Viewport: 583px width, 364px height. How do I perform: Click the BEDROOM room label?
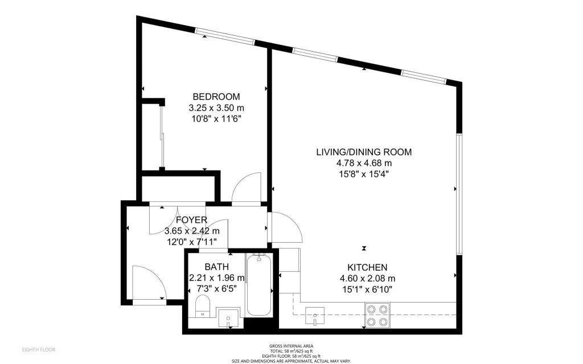pos(216,97)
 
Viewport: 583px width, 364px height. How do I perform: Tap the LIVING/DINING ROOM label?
pos(364,152)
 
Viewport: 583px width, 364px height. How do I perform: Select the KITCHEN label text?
pos(367,267)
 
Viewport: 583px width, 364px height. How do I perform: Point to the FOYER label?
pos(191,220)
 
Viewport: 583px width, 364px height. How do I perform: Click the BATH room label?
pos(217,267)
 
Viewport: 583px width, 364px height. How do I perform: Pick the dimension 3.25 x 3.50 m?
pos(216,108)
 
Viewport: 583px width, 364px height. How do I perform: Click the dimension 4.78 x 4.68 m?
pos(364,163)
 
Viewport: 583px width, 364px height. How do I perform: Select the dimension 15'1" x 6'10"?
pos(367,289)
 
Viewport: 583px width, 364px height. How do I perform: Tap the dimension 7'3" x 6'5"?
pos(216,288)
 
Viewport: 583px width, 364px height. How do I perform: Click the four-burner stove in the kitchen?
pos(377,315)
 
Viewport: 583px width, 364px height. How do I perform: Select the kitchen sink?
pos(315,316)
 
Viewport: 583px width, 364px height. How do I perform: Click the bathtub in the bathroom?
pos(259,285)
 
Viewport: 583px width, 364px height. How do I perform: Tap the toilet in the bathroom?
pos(203,306)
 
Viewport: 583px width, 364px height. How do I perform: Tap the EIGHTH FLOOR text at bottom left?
pos(39,350)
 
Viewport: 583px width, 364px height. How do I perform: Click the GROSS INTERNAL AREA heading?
pos(291,346)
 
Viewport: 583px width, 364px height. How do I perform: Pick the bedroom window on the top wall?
pos(225,36)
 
